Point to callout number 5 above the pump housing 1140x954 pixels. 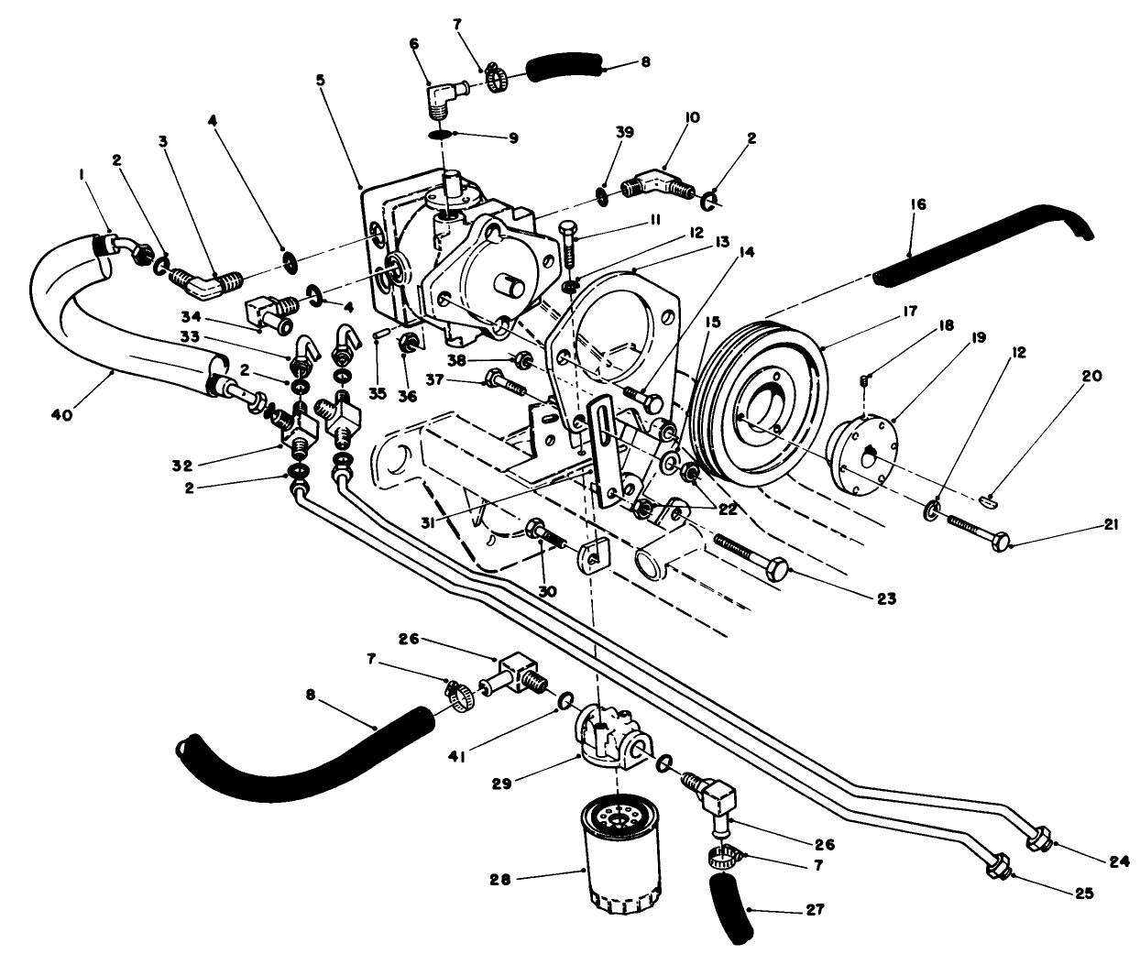pos(320,80)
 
